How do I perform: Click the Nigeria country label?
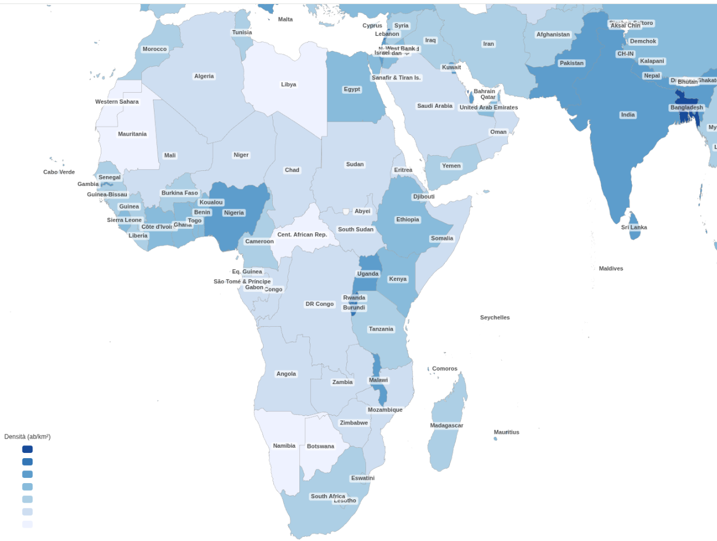pos(234,213)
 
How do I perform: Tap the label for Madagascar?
pos(446,425)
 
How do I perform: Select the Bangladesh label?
pos(686,107)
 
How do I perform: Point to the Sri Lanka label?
pos(634,227)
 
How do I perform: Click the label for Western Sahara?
pos(117,101)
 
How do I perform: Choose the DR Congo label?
pos(320,304)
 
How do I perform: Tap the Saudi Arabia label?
pos(434,106)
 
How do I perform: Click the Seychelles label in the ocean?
pos(495,317)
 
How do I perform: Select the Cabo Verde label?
pos(59,172)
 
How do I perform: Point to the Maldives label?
pos(610,268)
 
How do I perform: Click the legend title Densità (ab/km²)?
pos(27,437)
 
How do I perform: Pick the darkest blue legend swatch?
pos(27,449)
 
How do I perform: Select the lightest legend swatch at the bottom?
pos(27,524)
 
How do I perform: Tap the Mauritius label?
pos(506,432)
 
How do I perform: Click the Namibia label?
pos(284,445)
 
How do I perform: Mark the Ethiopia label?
pos(407,220)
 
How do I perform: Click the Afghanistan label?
pos(553,34)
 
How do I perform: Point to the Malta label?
pos(285,19)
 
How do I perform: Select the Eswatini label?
pos(363,478)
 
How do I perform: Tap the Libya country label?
pos(288,84)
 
